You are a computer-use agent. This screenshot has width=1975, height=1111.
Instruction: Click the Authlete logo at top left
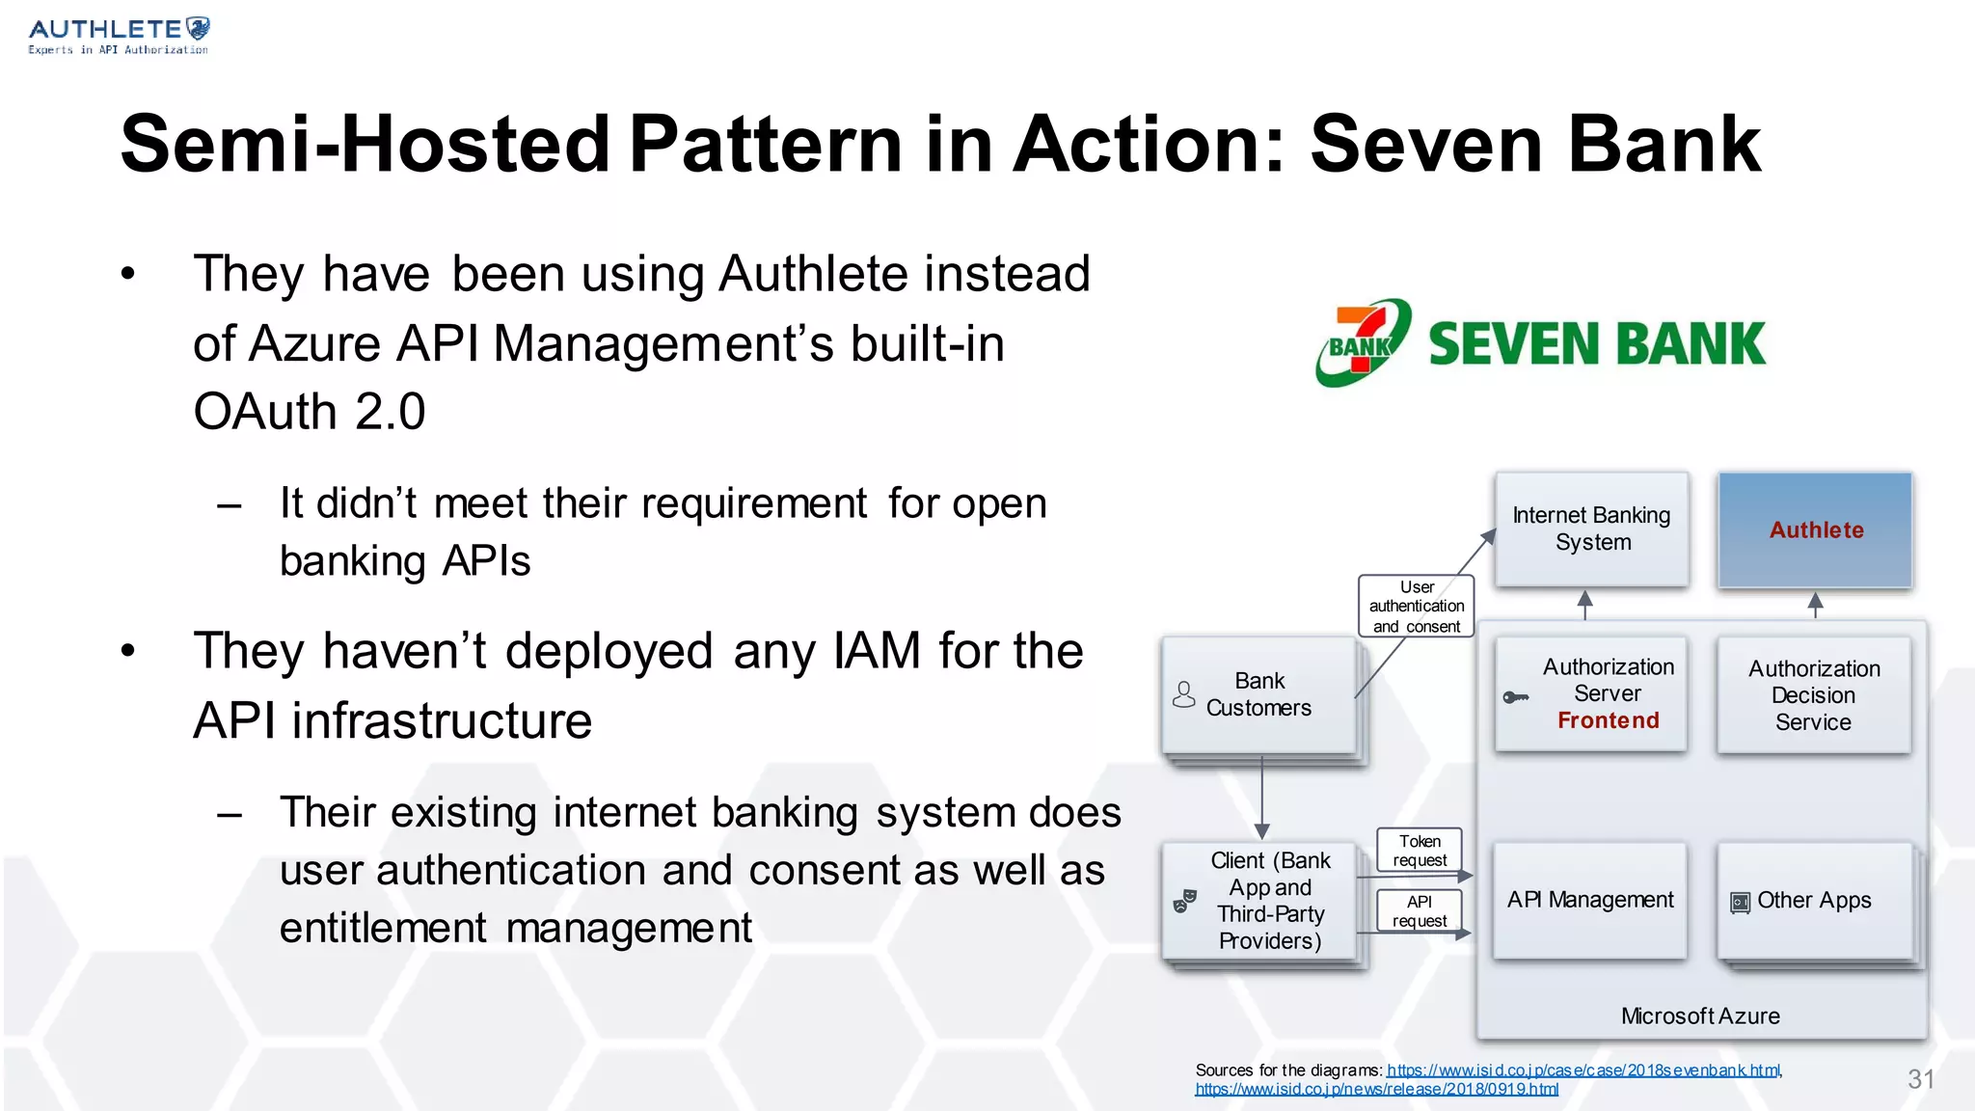click(x=118, y=36)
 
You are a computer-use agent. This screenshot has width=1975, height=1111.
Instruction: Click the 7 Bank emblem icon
click(x=1363, y=342)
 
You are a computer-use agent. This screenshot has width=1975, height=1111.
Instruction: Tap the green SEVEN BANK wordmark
click(x=1596, y=344)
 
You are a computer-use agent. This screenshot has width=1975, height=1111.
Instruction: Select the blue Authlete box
click(x=1815, y=529)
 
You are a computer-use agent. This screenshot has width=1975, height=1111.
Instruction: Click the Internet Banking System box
click(x=1591, y=528)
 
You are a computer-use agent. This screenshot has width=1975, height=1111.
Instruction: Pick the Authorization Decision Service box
click(x=1813, y=694)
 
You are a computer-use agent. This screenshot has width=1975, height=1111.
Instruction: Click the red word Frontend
click(x=1608, y=720)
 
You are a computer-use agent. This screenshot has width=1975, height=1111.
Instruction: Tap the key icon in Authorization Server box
click(x=1515, y=697)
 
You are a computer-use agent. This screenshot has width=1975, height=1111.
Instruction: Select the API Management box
click(x=1589, y=900)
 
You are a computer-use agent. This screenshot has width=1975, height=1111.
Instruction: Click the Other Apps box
click(x=1814, y=901)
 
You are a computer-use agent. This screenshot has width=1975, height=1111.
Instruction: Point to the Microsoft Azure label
click(x=1699, y=1016)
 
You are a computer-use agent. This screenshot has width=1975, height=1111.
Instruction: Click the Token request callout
click(x=1419, y=851)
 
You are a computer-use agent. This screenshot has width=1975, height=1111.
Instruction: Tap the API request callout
click(x=1419, y=911)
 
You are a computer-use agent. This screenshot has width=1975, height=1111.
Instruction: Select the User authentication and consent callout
click(x=1416, y=606)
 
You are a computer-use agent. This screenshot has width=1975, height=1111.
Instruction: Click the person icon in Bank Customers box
click(x=1183, y=694)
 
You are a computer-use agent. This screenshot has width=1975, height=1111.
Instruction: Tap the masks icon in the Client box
click(x=1183, y=901)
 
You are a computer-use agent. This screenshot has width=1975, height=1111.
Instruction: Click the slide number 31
click(x=1920, y=1079)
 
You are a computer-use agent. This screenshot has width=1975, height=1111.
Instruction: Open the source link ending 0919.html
click(x=1376, y=1090)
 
